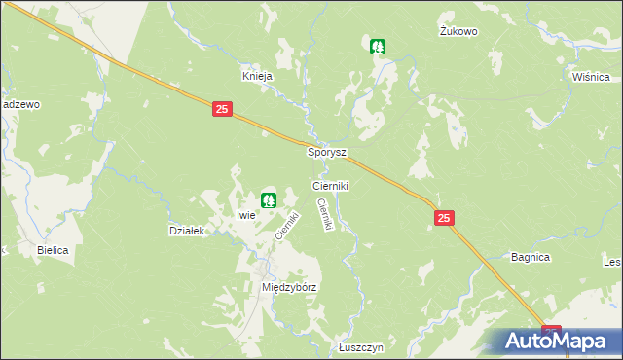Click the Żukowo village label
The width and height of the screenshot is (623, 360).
click(458, 31)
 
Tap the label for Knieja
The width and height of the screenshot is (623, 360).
click(257, 75)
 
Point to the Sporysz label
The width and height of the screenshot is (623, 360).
click(327, 153)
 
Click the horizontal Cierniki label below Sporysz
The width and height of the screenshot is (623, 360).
click(330, 184)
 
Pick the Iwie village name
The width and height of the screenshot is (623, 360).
click(245, 214)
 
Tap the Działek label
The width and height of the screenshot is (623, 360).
click(186, 231)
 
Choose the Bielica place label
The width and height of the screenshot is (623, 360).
click(53, 250)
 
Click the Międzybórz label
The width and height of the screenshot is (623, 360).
click(290, 288)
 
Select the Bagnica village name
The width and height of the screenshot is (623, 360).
click(531, 257)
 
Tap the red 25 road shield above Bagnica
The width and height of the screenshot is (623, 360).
click(443, 221)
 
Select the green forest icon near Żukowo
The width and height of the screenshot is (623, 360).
click(378, 46)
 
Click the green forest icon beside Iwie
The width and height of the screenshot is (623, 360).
click(269, 200)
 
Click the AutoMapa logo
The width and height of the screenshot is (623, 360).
click(556, 341)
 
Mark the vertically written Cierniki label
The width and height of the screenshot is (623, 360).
click(327, 214)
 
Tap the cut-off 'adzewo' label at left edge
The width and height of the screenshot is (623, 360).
click(18, 104)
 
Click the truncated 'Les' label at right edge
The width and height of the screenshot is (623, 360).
click(612, 262)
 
